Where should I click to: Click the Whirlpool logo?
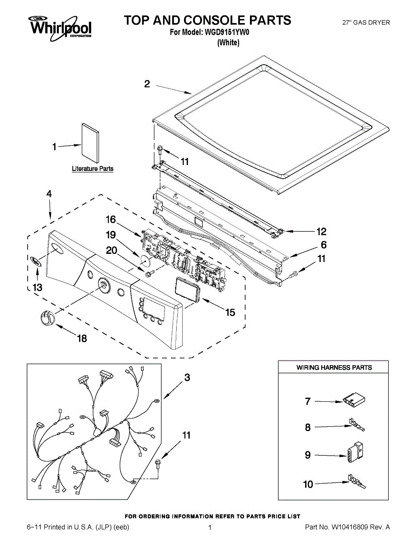[60, 26]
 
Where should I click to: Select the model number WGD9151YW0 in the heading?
[222, 32]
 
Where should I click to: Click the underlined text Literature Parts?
[93, 169]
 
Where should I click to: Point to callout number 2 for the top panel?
[147, 84]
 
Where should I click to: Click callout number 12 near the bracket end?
[321, 232]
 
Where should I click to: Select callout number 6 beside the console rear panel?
[323, 245]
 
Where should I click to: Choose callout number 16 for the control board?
[111, 220]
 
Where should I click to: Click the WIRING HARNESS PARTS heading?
[334, 367]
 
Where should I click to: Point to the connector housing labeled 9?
[354, 453]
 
